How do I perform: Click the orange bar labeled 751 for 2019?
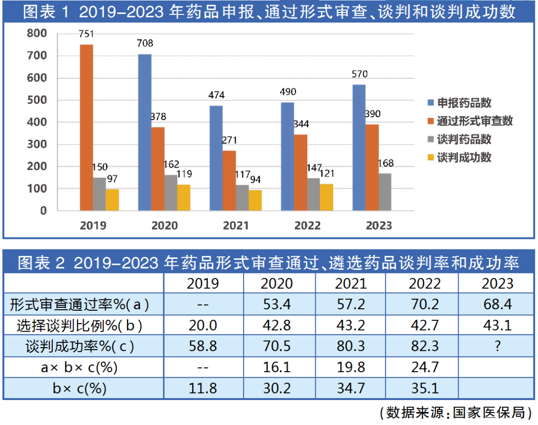pos(87,127)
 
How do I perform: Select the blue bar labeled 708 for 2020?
pos(144,132)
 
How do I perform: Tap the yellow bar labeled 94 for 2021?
pos(255,200)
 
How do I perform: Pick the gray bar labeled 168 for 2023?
pos(385,192)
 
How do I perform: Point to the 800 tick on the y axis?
pos(37,33)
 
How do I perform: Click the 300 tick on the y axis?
pos(37,145)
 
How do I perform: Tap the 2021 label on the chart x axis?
pos(236,225)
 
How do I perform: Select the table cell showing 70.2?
pos(424,303)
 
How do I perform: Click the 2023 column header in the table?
pos(497,283)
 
